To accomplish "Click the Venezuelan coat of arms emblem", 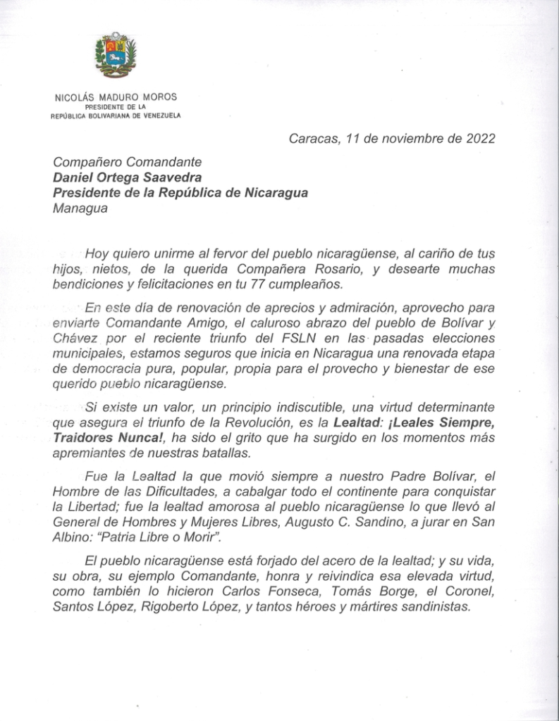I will pos(115,55).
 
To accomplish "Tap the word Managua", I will pos(80,208).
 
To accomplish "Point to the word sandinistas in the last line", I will pos(434,606).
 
